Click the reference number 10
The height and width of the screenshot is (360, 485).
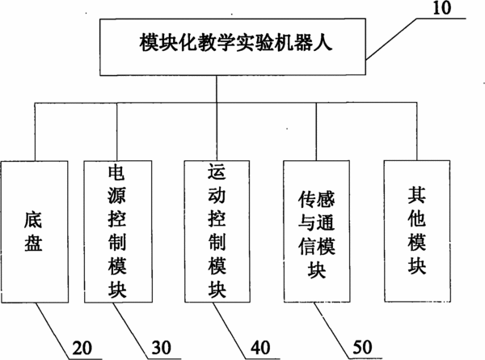coord(441,8)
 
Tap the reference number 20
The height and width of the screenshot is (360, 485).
coord(82,348)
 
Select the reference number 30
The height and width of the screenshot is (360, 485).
coord(161,348)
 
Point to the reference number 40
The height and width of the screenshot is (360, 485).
coord(260,348)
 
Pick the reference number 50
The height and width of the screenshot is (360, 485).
coord(362,347)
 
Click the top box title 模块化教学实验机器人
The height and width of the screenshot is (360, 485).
coord(236,42)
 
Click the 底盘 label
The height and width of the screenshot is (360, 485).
coord(33,231)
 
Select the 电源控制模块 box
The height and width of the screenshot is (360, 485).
coord(118,231)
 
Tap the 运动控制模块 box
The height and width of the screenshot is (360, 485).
coord(217,231)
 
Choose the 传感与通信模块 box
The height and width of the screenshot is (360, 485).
coord(317,231)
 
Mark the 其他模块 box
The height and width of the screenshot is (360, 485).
coord(417,231)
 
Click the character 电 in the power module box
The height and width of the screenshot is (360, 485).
coord(117,173)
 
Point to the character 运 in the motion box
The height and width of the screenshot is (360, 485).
coord(217,172)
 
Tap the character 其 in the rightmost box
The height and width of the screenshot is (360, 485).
coord(416,195)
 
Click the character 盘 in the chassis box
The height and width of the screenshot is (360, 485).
coord(33,243)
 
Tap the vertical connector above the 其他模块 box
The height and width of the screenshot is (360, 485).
coord(416,131)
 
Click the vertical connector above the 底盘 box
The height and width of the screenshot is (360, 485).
coord(35,132)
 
